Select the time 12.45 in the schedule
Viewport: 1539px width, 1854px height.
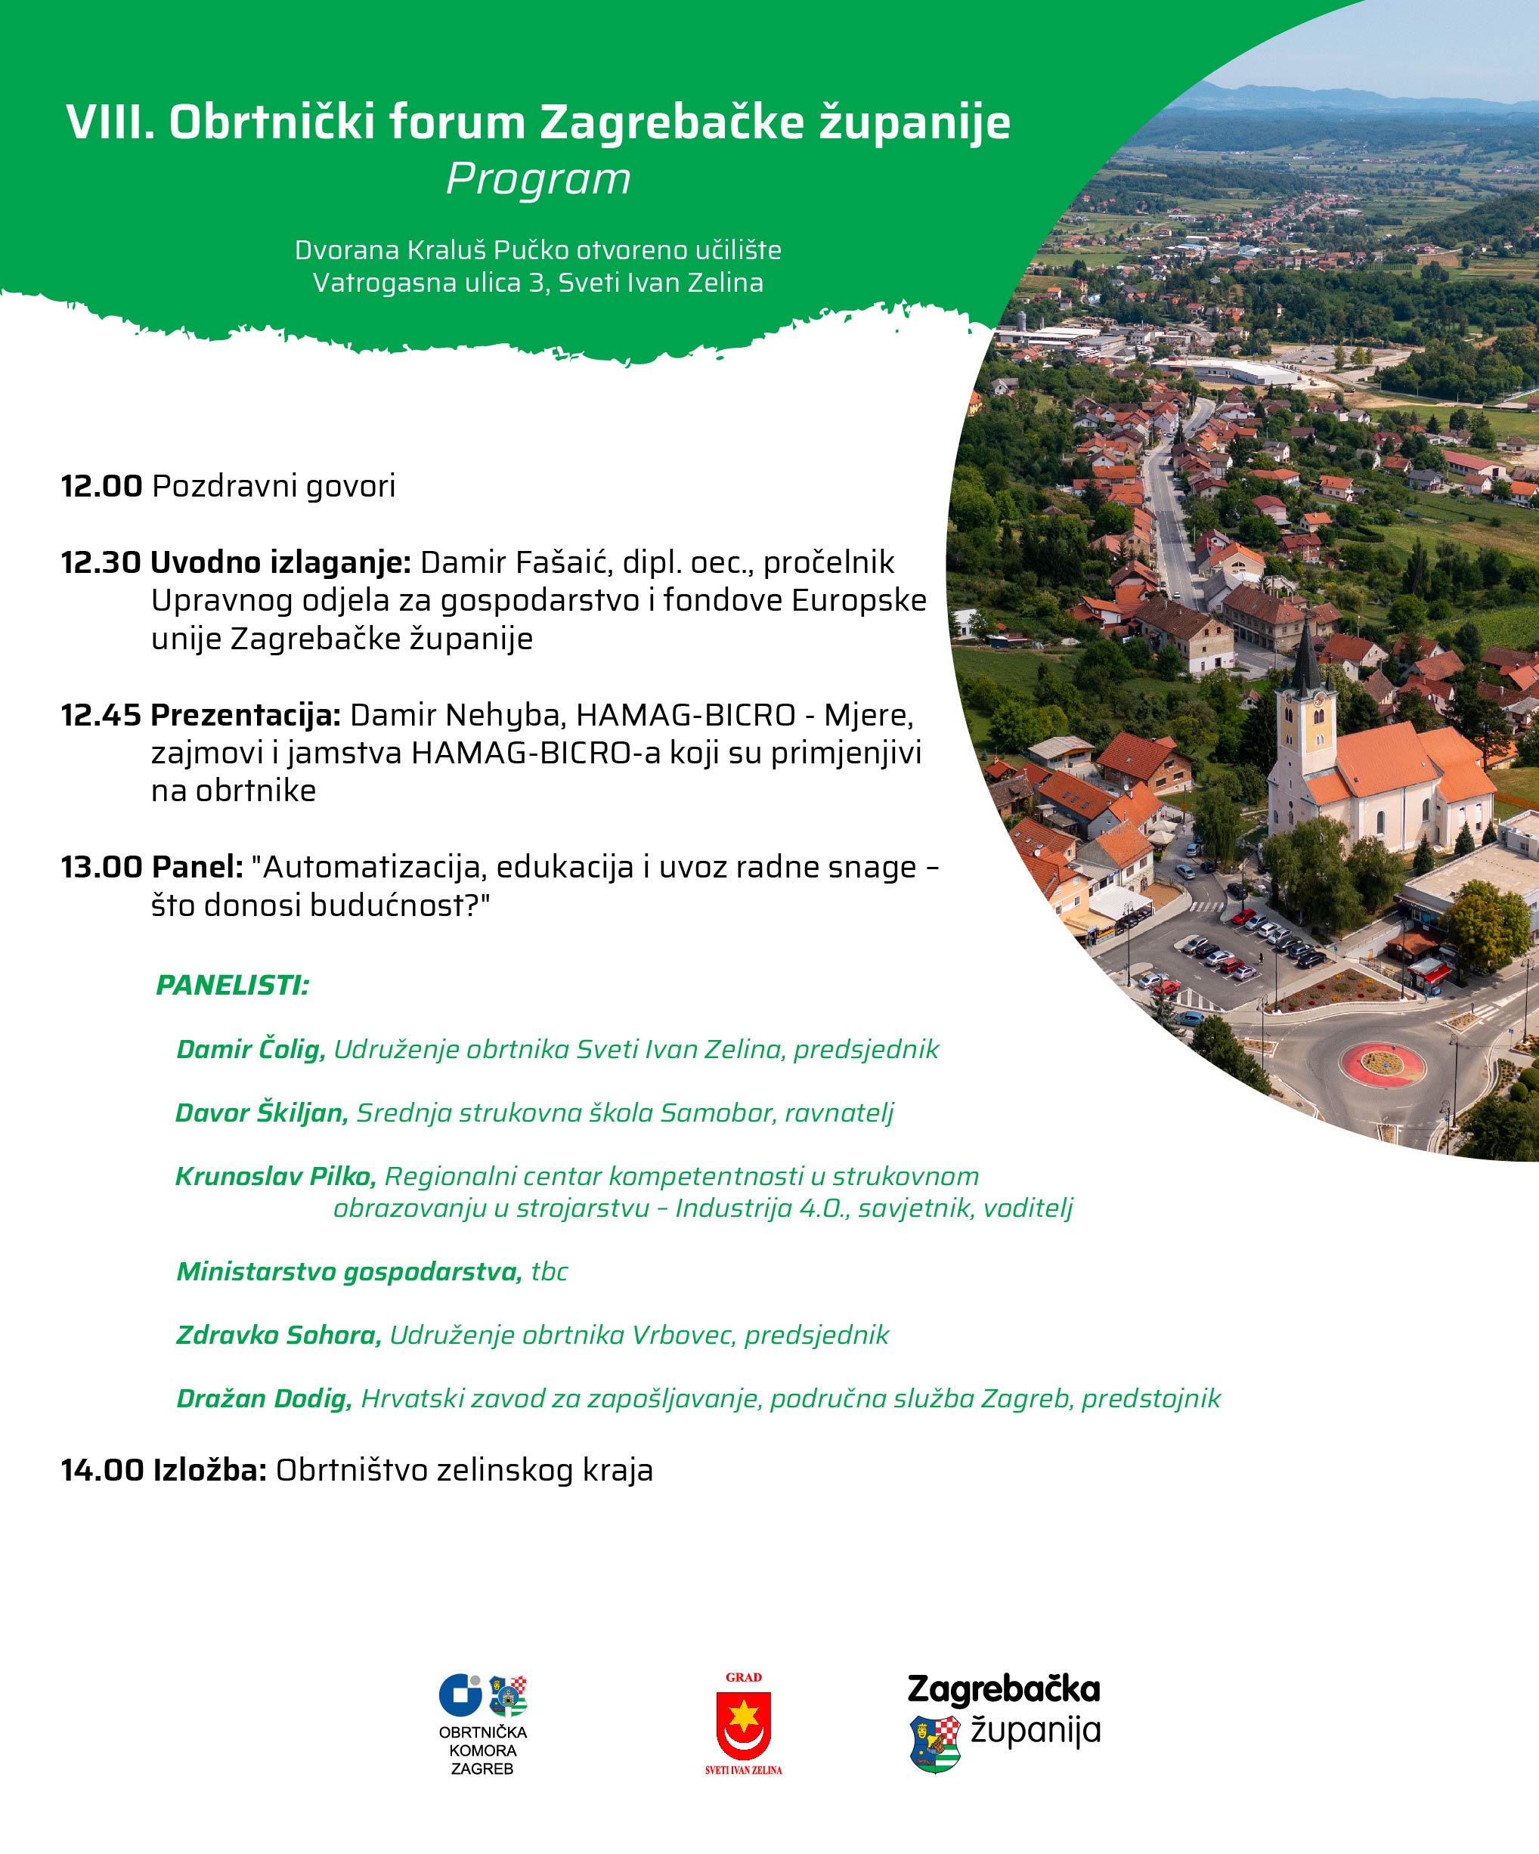pyautogui.click(x=101, y=715)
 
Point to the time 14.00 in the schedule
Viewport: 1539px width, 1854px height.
pyautogui.click(x=101, y=1470)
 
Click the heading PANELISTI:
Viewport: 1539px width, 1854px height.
pyautogui.click(x=232, y=986)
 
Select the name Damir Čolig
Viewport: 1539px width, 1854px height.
pyautogui.click(x=251, y=1050)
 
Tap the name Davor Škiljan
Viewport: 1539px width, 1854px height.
pyautogui.click(x=262, y=1113)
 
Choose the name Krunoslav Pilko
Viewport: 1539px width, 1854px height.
pyautogui.click(x=275, y=1177)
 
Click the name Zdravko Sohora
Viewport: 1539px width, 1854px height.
pyautogui.click(x=278, y=1335)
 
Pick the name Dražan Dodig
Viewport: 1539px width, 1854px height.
pyautogui.click(x=264, y=1398)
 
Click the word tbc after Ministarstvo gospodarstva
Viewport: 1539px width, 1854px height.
pyautogui.click(x=550, y=1272)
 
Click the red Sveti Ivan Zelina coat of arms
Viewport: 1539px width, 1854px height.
pyautogui.click(x=744, y=1727)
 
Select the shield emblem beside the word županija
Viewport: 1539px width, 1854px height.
pyautogui.click(x=934, y=1744)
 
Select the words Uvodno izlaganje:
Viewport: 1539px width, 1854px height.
pyautogui.click(x=280, y=562)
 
